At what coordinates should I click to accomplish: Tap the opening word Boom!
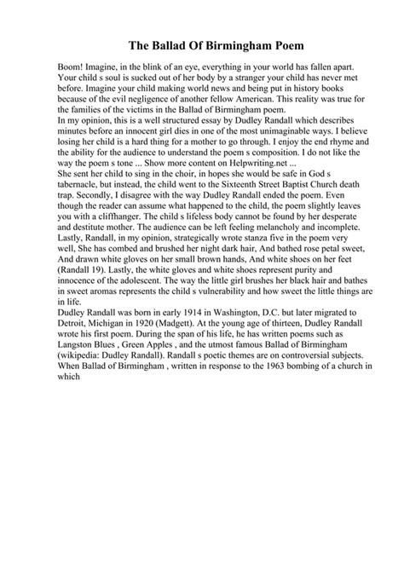49,66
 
